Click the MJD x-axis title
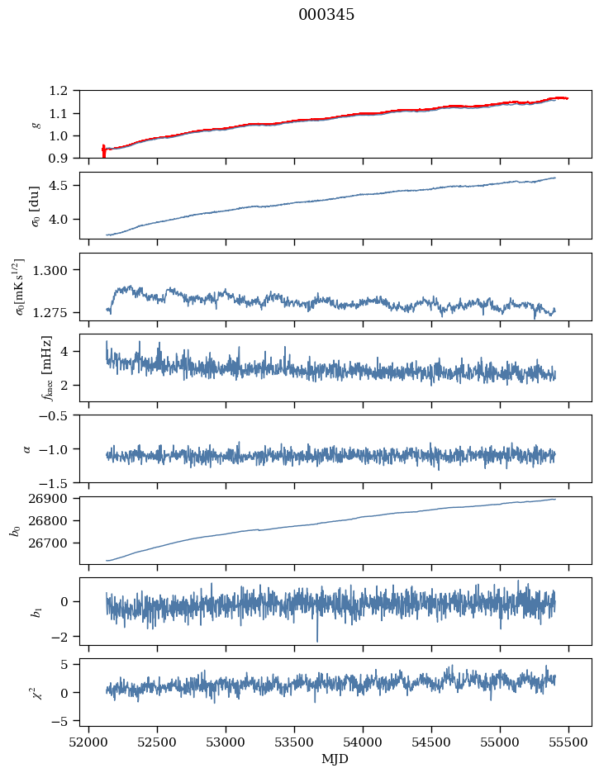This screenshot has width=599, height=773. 335,759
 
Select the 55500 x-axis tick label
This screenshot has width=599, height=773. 568,742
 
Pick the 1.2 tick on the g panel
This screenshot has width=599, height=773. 63,91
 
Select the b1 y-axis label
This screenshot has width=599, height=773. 14,611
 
